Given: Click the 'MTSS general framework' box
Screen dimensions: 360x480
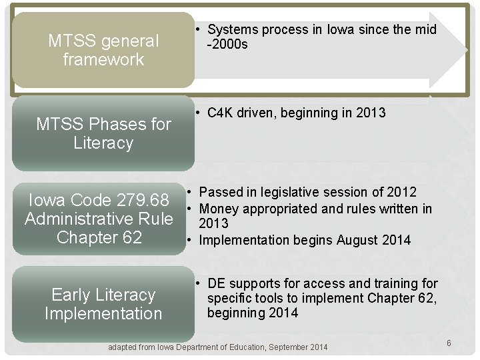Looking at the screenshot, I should tap(103, 51).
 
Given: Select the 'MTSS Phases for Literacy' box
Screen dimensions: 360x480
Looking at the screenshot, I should tap(103, 133).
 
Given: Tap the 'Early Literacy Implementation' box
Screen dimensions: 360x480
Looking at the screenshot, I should tap(103, 304).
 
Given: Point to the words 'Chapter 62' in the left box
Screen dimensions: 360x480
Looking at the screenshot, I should tap(99, 237).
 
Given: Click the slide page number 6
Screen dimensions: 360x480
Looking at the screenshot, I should tap(449, 343).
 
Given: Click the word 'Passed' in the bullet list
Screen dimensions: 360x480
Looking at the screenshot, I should tap(221, 193).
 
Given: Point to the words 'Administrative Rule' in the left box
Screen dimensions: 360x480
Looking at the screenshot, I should tap(99, 219).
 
